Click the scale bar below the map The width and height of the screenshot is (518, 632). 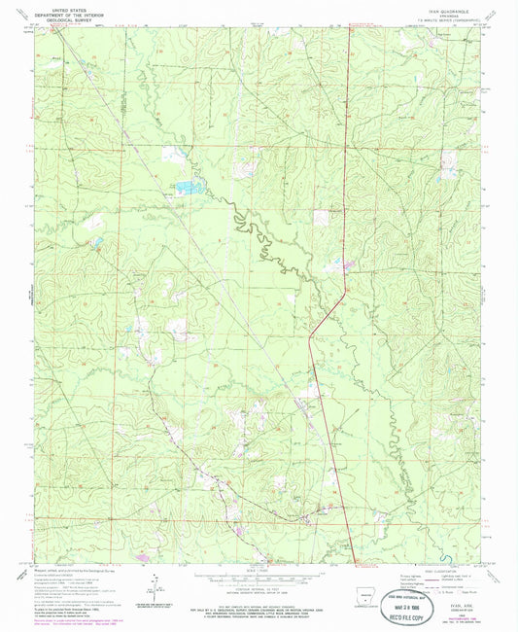(x=258, y=574)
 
